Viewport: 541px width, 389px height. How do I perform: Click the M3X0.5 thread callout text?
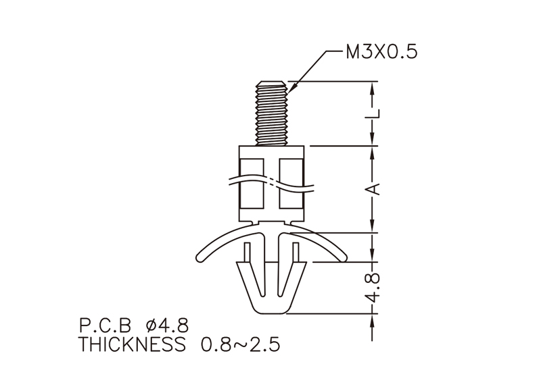[381, 52]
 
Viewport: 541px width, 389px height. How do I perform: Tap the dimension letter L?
[375, 113]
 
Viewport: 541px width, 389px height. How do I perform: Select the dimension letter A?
[375, 189]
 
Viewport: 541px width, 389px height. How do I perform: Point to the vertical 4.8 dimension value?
[375, 288]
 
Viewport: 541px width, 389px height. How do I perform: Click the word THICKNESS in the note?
[132, 344]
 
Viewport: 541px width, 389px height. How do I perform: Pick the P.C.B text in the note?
[105, 326]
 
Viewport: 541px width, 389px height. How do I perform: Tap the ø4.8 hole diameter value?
[167, 326]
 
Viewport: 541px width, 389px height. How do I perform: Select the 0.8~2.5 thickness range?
[241, 344]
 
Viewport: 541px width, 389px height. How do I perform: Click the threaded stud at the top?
[271, 113]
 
